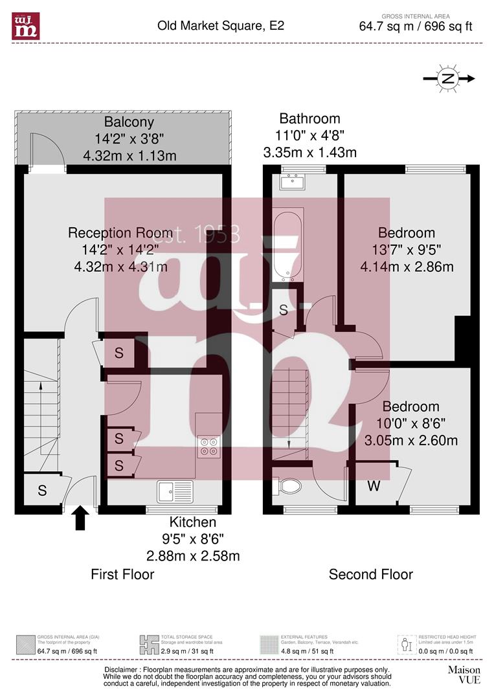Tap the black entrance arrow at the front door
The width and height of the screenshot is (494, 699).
pos(80,518)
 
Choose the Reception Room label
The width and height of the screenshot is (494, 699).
pos(120,233)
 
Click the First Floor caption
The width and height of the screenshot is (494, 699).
pos(122,574)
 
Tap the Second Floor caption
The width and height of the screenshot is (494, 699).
pos(370,574)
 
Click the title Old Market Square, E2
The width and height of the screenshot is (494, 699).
pos(221,26)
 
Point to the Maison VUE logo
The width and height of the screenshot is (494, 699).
pos(464,674)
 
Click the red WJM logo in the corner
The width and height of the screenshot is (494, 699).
pos(26,26)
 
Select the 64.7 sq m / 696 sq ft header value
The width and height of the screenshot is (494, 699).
pos(416,27)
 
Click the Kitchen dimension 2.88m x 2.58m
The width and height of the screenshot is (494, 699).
pos(193,556)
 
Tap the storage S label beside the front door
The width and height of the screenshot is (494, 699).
pos(42,491)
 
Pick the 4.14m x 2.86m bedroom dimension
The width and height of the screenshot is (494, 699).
pos(407,266)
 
